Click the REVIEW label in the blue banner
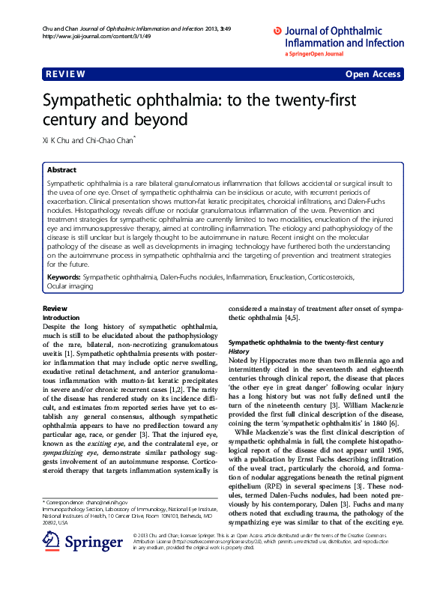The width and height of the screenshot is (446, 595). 65,74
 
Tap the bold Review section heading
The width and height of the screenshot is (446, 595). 55,309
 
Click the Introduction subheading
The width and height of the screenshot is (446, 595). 64,318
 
